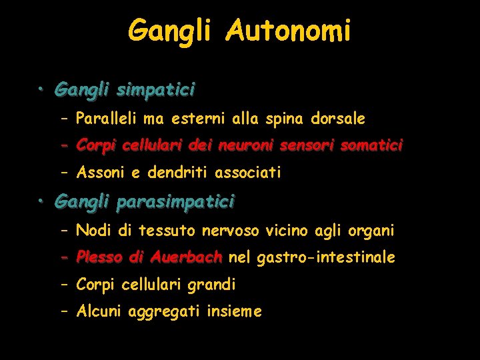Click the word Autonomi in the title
tap(287, 31)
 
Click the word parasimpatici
tap(175, 200)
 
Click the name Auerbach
tap(186, 257)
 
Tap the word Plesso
tap(99, 257)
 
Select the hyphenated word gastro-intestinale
tap(325, 257)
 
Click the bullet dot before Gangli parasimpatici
tap(41, 200)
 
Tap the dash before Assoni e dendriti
tap(64, 173)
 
